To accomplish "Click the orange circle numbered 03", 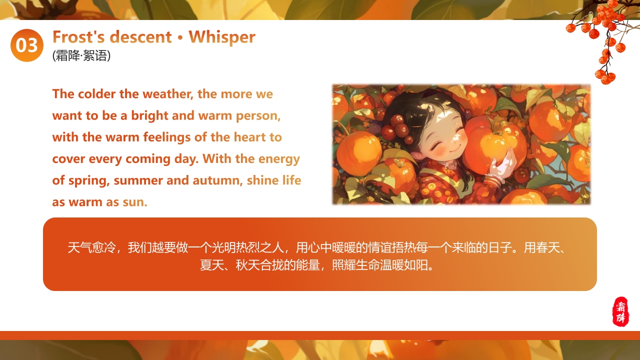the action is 27,45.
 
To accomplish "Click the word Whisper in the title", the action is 222,37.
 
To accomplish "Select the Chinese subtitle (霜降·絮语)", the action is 81,55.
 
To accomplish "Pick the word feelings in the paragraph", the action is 167,137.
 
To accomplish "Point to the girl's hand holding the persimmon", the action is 501,165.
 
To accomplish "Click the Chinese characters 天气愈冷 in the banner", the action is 91,247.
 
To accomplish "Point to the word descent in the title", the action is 141,37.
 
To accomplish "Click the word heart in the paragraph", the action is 250,137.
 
